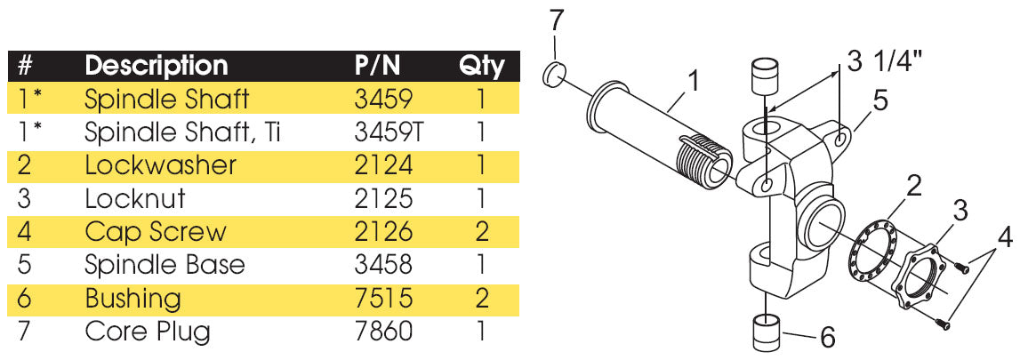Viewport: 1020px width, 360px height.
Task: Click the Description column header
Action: pos(156,65)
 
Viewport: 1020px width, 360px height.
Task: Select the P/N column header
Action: pos(378,65)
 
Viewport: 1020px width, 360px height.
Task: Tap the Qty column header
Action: pos(481,65)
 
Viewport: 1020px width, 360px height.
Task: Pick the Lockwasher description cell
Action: pos(160,165)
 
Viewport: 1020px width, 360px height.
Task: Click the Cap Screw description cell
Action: pos(155,232)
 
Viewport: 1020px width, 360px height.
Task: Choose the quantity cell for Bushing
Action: pos(481,298)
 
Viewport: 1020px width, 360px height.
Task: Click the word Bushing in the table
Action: pos(133,298)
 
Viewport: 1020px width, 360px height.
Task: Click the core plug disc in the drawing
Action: pos(555,75)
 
